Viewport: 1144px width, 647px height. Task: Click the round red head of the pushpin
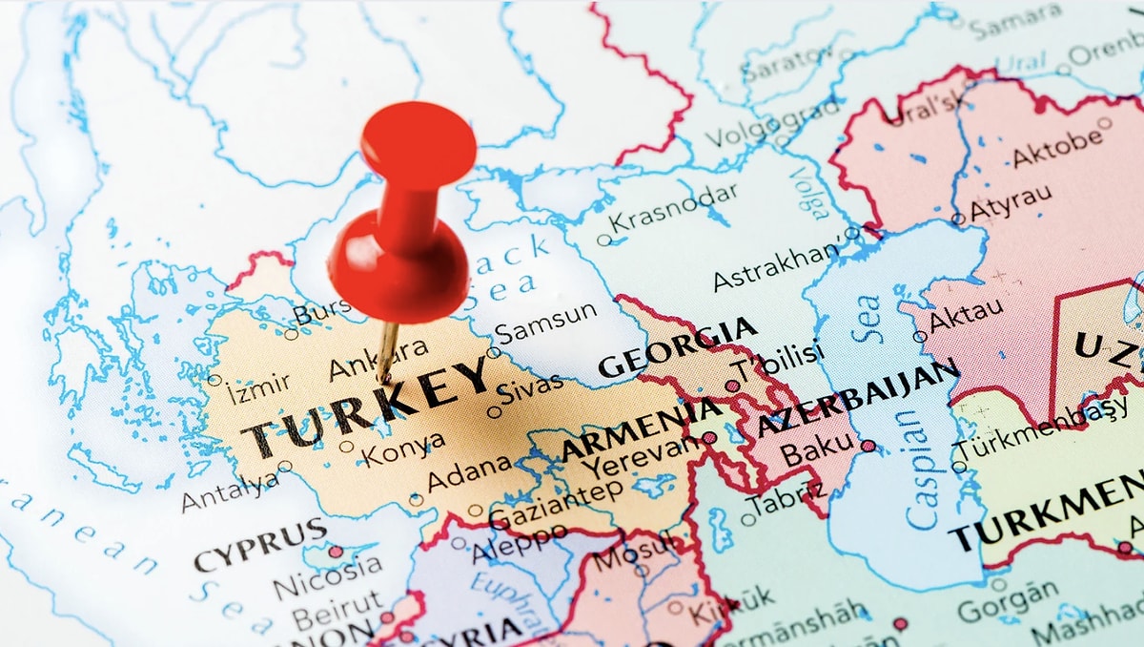(418, 143)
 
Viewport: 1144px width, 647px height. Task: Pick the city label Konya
(404, 448)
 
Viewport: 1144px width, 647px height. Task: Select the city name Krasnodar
(674, 206)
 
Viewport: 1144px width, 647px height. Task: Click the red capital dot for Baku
(868, 446)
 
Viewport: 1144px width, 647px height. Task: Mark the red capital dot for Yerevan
(709, 438)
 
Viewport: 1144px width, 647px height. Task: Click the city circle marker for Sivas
(494, 412)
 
